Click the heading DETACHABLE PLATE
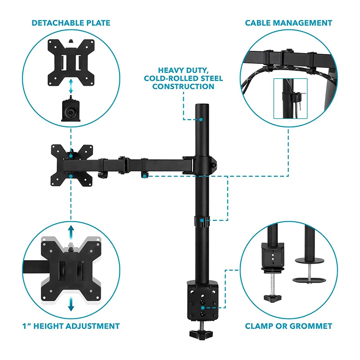click(x=71, y=22)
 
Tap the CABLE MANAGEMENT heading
click(x=288, y=22)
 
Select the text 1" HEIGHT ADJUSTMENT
click(x=71, y=326)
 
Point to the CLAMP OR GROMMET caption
click(x=288, y=326)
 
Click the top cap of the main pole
click(x=201, y=107)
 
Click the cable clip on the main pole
click(x=202, y=220)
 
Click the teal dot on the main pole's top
click(x=201, y=120)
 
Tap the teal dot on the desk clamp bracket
click(x=203, y=308)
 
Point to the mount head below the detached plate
click(x=71, y=110)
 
